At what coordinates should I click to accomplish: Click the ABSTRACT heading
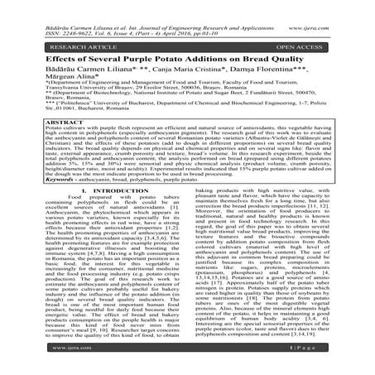(x=52, y=118)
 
